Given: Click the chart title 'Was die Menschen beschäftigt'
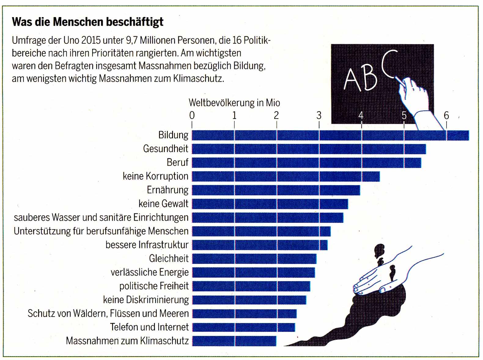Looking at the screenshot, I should [87, 22].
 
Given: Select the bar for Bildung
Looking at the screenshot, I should [330, 135].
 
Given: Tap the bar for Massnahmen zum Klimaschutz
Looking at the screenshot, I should [234, 341].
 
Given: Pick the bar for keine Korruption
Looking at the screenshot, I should [286, 176].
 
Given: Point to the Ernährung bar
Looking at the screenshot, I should [276, 190].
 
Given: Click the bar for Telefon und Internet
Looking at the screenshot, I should [244, 327].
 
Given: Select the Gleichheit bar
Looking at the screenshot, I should [254, 259].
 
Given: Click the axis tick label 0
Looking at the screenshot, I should [192, 116].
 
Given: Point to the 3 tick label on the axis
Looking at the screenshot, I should [319, 116].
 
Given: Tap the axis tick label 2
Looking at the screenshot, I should [276, 116].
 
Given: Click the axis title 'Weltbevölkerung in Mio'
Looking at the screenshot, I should [234, 103].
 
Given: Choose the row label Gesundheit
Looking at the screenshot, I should [166, 149].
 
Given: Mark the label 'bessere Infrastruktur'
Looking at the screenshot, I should [147, 245].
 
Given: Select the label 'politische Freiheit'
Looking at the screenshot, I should [154, 286].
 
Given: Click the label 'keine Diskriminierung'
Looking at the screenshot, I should [146, 300].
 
